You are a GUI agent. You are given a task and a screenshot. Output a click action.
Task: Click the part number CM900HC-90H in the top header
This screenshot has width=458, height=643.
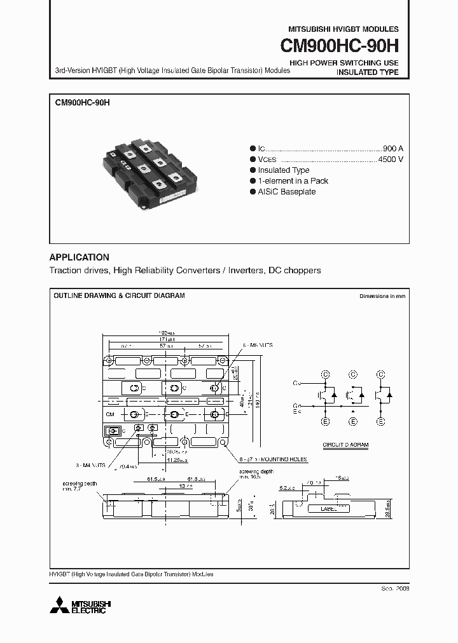[340, 47]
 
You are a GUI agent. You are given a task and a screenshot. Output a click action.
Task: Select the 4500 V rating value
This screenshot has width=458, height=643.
[391, 159]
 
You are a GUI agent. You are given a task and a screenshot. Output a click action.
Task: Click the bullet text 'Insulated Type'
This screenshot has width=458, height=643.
[283, 170]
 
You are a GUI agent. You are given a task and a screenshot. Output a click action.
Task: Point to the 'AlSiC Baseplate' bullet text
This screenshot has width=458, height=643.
[286, 192]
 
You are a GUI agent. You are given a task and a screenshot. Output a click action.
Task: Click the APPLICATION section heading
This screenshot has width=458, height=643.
[80, 257]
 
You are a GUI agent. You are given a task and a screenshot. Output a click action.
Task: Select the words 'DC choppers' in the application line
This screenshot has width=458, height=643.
[295, 270]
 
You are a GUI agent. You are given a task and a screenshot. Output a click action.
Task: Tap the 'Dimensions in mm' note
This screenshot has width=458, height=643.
[382, 296]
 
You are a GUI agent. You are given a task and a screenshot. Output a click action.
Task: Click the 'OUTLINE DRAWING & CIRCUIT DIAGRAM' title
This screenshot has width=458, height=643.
[119, 296]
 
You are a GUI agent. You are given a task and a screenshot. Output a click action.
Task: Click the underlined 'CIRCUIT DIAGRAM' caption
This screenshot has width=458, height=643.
[345, 445]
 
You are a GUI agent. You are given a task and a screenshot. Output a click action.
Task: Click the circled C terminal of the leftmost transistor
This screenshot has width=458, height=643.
[325, 374]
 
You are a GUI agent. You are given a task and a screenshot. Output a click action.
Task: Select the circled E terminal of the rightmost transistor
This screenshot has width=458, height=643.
[380, 421]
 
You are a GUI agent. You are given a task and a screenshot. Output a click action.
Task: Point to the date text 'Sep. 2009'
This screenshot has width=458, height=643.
[394, 589]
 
